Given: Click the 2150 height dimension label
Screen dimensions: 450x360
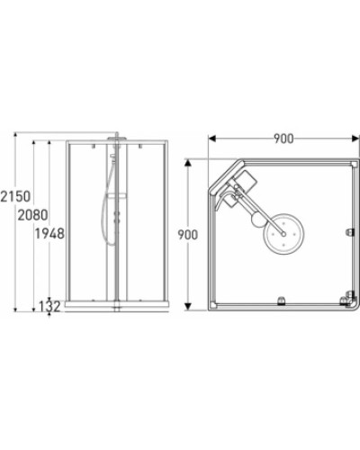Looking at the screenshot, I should [x=17, y=197].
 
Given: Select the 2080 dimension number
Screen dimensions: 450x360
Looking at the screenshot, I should [x=32, y=216].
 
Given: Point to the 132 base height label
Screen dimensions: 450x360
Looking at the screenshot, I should [x=50, y=307].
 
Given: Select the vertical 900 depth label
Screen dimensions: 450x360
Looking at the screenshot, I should [x=188, y=235].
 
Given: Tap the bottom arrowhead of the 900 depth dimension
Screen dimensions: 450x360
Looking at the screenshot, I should [x=188, y=308].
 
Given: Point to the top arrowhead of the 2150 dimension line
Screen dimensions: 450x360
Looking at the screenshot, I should [x=17, y=135].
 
